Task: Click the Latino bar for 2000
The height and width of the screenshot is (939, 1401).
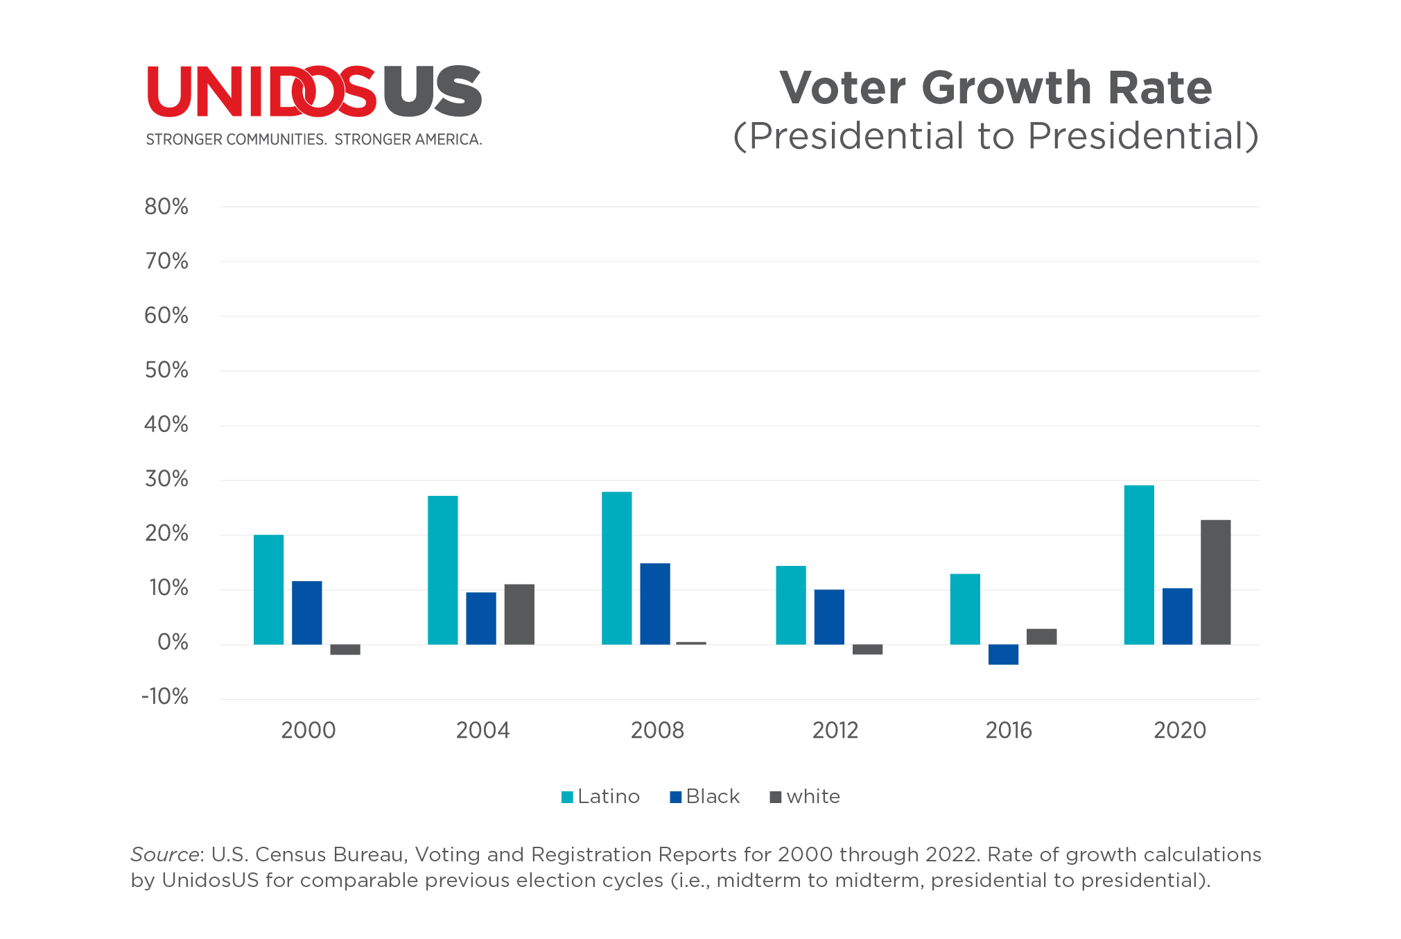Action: click(x=268, y=589)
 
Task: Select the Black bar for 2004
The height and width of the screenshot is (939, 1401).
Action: click(x=480, y=618)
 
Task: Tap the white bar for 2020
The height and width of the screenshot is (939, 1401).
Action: click(x=1215, y=582)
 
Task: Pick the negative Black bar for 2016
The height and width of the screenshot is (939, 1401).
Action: click(x=1003, y=655)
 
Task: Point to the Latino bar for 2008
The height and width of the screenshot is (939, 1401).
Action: click(x=616, y=568)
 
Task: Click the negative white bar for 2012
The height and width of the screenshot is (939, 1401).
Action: click(x=867, y=650)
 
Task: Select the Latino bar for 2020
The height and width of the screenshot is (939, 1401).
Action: click(x=1138, y=565)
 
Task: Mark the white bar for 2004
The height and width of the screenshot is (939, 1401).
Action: click(x=519, y=614)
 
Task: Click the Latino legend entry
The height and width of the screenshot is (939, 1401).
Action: click(x=600, y=796)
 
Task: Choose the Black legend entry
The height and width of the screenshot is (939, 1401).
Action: click(x=705, y=796)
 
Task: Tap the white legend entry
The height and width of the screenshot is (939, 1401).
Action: click(x=806, y=796)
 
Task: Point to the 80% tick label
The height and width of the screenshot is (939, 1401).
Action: click(x=166, y=207)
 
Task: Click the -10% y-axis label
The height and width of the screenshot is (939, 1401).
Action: click(x=165, y=697)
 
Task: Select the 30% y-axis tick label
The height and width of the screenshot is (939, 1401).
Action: click(x=166, y=479)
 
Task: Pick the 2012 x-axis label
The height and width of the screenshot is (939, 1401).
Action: click(x=835, y=730)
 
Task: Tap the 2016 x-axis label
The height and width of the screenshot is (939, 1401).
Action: click(x=1009, y=730)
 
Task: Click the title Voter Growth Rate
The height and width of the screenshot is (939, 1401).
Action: click(x=995, y=88)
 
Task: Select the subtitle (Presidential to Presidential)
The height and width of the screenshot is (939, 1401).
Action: click(x=995, y=136)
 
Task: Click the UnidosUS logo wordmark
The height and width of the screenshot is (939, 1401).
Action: click(x=314, y=92)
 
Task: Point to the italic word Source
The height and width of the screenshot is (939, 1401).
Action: click(x=165, y=854)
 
